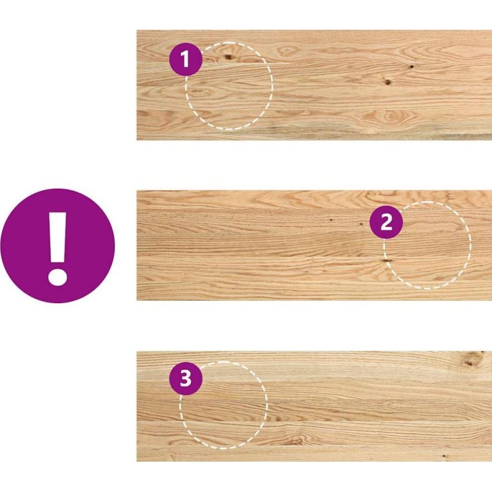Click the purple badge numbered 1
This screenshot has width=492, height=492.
(186, 59)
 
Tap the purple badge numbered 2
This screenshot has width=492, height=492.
(386, 222)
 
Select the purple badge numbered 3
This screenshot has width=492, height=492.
(186, 378)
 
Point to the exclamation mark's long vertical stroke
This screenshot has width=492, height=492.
(58, 237)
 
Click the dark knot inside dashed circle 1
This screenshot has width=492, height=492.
(228, 57)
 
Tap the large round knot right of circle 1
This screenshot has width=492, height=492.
(388, 82)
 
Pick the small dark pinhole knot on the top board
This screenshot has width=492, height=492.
(410, 66)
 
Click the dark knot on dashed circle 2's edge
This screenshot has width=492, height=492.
(387, 260)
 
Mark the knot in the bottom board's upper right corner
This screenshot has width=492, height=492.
(469, 363)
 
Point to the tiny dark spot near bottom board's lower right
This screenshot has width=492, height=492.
(443, 456)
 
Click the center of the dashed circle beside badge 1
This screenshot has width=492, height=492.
(229, 85)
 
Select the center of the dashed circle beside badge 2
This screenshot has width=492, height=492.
(427, 245)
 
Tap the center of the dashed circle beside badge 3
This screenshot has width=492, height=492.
(223, 405)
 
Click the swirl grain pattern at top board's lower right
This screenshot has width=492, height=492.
(390, 116)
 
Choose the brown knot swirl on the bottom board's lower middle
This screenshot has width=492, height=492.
(295, 440)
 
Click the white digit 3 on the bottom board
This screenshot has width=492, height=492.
(186, 378)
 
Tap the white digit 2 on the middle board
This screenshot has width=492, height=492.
(386, 222)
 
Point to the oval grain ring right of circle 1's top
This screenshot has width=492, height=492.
(287, 51)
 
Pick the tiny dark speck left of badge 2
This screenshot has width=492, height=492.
(360, 224)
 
